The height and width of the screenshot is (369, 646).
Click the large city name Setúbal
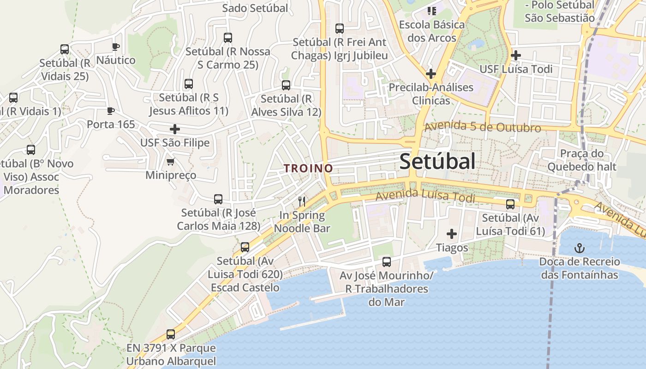point(437,162)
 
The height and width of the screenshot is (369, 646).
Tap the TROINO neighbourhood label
point(308,168)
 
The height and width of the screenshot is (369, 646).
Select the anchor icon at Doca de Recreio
point(580,249)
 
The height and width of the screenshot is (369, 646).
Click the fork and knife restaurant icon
point(302,201)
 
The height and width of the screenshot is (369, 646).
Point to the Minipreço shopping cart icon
point(171,162)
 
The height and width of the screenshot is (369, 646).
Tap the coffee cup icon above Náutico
point(115,47)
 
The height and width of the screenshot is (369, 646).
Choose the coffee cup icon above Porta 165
point(110,111)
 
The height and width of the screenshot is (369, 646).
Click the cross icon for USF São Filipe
point(175,129)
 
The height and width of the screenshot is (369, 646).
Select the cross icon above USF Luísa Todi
point(516,56)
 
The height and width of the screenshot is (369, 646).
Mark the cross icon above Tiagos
point(452,234)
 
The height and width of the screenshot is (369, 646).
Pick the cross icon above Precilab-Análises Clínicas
point(431,73)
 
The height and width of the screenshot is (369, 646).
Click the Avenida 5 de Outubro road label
point(482,127)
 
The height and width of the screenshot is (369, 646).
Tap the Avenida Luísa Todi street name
point(425,196)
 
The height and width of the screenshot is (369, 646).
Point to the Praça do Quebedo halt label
point(582,160)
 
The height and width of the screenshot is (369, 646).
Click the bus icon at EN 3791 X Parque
point(171,334)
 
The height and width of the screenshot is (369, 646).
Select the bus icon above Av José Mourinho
point(387,262)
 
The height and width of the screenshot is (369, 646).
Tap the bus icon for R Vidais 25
point(65,49)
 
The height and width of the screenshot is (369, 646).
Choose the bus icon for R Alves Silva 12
point(286,85)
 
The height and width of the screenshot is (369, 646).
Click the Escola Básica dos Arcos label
point(432,31)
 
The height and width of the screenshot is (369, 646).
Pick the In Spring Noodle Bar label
point(302,222)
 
